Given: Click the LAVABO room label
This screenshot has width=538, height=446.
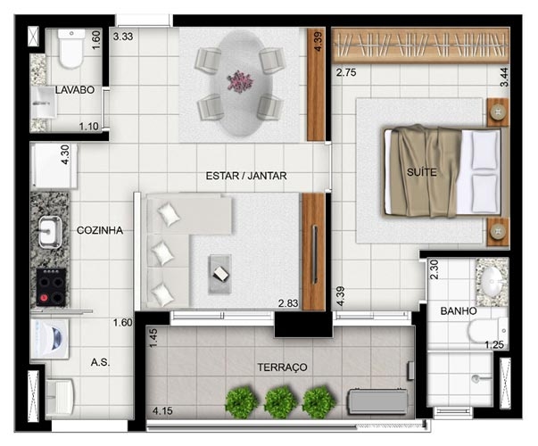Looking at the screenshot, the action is [75, 90].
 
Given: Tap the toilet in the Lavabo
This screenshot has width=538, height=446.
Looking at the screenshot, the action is [71, 48].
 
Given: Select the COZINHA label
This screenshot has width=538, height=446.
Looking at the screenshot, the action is [100, 230].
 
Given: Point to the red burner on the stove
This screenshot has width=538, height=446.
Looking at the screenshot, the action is [44, 297].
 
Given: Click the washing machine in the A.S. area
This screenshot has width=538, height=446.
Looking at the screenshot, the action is [50, 339].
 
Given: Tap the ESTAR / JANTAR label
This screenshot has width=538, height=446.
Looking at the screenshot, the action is [246, 176].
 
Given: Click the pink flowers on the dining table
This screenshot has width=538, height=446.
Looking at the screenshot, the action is [240, 81].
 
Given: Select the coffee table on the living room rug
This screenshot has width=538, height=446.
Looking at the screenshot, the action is [220, 274].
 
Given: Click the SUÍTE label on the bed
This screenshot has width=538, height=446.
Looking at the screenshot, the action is [421, 172].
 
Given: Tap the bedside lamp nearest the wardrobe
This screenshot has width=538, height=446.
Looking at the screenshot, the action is [497, 111].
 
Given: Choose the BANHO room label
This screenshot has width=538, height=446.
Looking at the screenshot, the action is [459, 311].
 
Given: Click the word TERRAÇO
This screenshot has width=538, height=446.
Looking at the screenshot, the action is [282, 368].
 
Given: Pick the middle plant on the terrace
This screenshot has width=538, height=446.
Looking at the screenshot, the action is [281, 402].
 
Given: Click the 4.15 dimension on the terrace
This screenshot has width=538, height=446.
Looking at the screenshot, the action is [162, 410].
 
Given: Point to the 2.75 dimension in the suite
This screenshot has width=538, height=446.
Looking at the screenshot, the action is [346, 73].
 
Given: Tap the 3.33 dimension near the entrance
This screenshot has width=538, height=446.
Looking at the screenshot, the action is [123, 37].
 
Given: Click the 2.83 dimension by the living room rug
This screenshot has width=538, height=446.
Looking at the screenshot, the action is [288, 303].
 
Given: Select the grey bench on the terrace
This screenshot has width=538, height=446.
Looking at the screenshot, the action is [377, 401].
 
